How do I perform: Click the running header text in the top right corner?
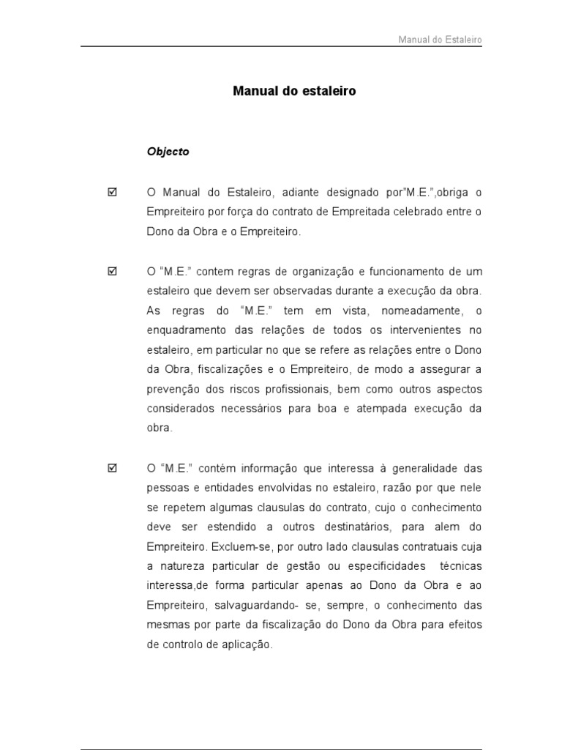click(x=440, y=40)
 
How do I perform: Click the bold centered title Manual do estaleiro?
click(x=294, y=92)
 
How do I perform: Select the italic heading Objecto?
click(x=168, y=152)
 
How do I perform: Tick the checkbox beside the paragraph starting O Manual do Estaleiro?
click(x=112, y=193)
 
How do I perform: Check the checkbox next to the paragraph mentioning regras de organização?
click(x=112, y=272)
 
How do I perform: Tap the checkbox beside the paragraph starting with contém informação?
click(x=112, y=467)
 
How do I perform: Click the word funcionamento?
click(x=400, y=272)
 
